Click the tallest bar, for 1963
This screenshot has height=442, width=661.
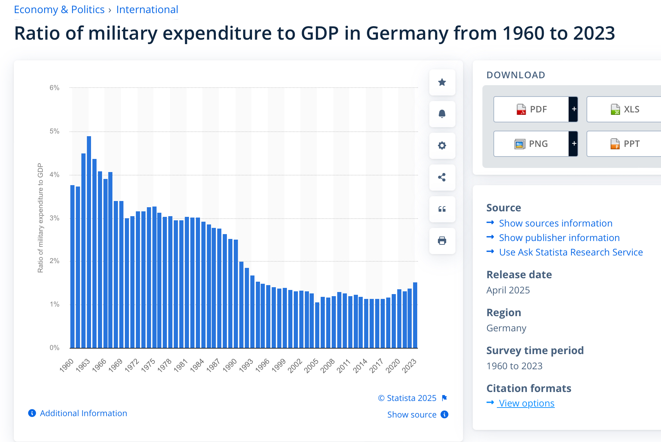point(89,241)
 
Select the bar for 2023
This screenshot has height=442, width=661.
point(415,315)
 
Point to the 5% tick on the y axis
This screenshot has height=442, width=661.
point(54,131)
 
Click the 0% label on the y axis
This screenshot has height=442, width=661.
point(54,348)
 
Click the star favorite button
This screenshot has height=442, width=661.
point(442,82)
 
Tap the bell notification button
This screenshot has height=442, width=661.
point(442,114)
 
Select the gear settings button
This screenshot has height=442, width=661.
point(442,146)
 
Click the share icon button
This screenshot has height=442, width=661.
point(442,178)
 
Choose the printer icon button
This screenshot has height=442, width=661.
point(442,241)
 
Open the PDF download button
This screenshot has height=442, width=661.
point(531,109)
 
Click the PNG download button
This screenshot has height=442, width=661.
point(531,144)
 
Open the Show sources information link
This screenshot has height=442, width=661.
point(555,223)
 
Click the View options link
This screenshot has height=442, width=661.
point(526,403)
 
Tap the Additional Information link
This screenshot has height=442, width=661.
point(83,413)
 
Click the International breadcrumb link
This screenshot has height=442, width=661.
point(147,10)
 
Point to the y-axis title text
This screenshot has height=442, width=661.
point(41,218)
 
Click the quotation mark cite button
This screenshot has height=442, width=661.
point(442,209)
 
